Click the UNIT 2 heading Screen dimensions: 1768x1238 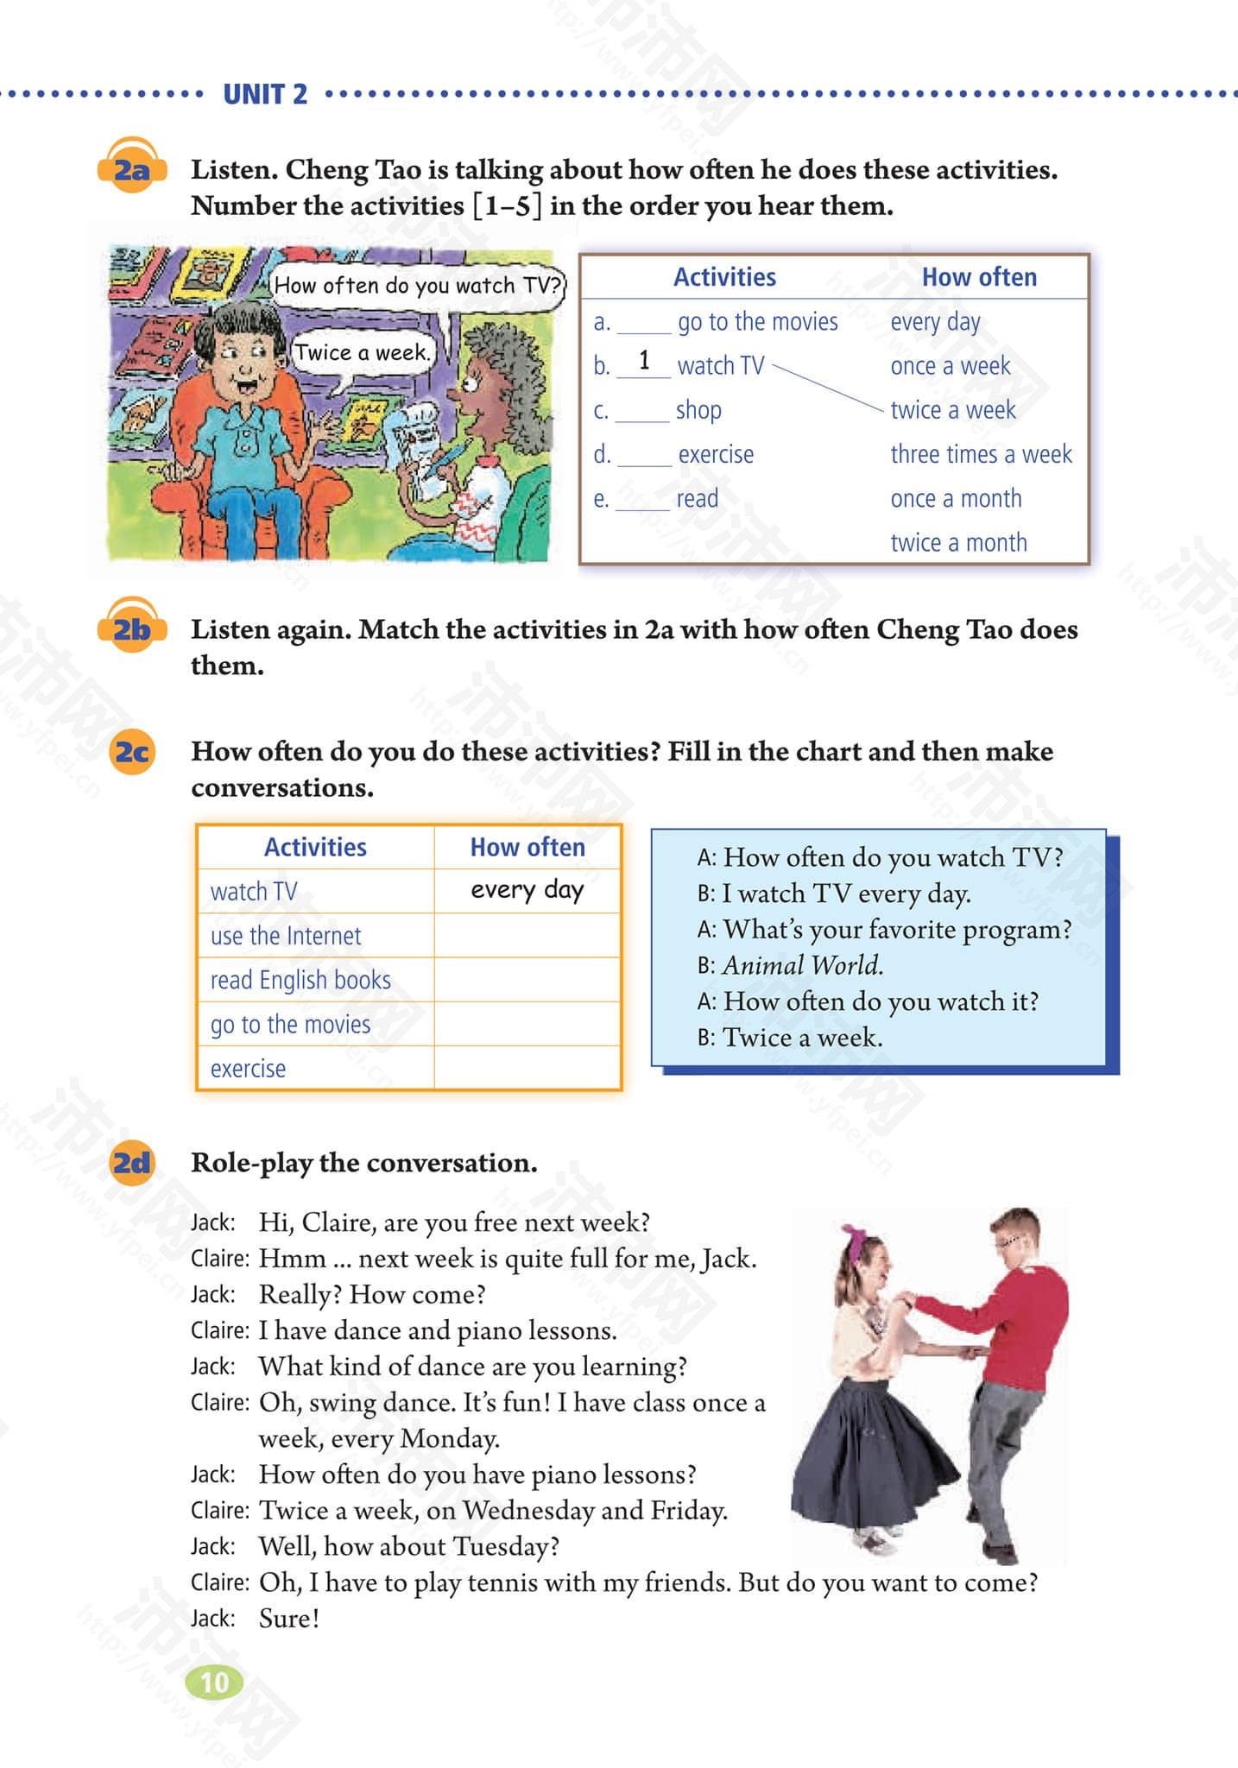click(265, 94)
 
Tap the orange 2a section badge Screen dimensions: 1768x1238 click(130, 169)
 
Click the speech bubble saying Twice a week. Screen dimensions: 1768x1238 click(362, 353)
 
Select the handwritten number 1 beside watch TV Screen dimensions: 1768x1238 click(644, 361)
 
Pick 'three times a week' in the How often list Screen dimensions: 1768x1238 click(981, 454)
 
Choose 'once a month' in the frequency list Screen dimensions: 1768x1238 click(956, 498)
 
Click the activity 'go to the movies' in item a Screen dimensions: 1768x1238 click(757, 322)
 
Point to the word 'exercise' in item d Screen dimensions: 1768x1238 click(716, 454)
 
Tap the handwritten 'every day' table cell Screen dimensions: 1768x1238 click(527, 890)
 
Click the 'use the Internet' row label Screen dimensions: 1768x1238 click(286, 936)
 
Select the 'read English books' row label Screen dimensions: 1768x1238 click(300, 980)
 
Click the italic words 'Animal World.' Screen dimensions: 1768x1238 click(803, 965)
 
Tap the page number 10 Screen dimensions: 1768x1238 click(214, 1683)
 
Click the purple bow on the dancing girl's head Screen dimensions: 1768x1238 click(854, 1234)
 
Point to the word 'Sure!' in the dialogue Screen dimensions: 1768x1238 click(289, 1619)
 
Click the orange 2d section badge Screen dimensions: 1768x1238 click(131, 1164)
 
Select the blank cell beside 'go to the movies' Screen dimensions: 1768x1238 click(527, 1024)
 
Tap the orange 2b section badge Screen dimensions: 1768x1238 click(131, 629)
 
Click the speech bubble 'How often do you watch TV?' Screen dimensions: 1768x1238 click(418, 286)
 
